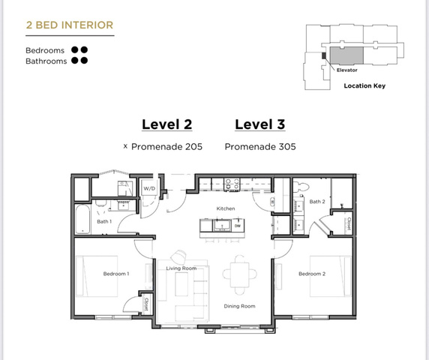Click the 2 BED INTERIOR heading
70,25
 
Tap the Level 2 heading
167,124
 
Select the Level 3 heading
260,124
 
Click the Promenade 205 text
166,147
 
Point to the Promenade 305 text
260,147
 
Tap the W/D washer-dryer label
149,188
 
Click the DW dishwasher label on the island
238,226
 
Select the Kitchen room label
226,208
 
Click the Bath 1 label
104,221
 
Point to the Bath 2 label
317,202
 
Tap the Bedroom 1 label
116,274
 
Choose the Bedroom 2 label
312,274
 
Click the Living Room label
181,268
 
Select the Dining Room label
239,307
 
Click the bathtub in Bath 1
83,220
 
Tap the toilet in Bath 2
301,187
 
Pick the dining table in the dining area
240,274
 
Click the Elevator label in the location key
347,70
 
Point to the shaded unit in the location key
346,55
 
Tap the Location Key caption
364,86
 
